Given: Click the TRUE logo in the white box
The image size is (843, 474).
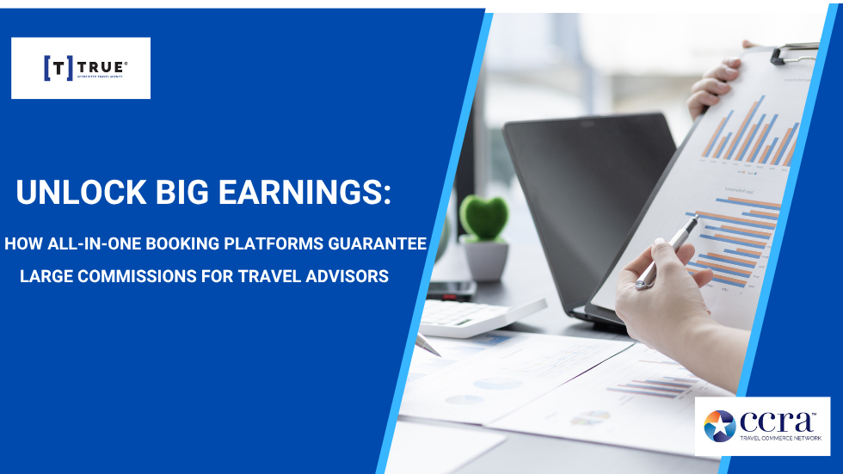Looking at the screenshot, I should (81, 68).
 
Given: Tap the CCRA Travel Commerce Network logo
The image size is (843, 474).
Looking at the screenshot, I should (762, 426).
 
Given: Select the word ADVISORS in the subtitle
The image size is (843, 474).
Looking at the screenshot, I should (349, 276).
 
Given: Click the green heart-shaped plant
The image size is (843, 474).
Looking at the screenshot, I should (483, 217).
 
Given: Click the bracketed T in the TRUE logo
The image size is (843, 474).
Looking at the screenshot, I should (58, 68).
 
